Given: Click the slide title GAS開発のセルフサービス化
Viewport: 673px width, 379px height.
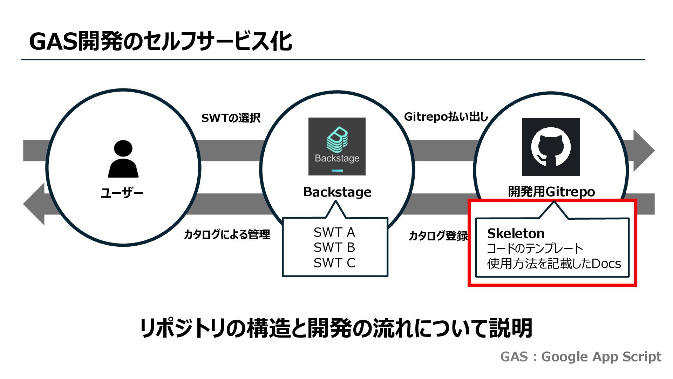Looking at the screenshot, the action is [x=161, y=41].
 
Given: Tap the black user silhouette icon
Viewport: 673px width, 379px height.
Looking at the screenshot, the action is [x=123, y=159].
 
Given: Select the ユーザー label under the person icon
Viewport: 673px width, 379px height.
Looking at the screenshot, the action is [x=122, y=193].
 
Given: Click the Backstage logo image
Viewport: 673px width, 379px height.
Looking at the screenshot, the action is [x=337, y=146].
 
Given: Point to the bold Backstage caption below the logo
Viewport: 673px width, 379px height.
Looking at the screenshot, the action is [x=337, y=192].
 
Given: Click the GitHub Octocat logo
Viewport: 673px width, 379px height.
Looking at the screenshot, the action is [x=551, y=147].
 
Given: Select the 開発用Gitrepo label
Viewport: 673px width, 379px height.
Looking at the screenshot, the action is [x=551, y=192].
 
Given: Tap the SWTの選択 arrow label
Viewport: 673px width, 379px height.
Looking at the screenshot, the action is [x=231, y=118].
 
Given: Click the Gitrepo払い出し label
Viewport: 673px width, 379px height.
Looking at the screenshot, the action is [x=446, y=117].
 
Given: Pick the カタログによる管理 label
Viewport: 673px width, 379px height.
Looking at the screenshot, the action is [x=227, y=234].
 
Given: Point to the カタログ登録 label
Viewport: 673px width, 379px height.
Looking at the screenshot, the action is [x=439, y=236].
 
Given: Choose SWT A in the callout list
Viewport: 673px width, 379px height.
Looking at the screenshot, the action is [x=334, y=232].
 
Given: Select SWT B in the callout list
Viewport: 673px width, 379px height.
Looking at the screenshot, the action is [x=334, y=247].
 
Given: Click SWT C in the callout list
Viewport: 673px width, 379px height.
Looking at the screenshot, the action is [x=334, y=262].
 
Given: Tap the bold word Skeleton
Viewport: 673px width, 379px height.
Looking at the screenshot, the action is [x=516, y=233].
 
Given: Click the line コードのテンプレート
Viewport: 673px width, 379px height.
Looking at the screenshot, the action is [x=535, y=248].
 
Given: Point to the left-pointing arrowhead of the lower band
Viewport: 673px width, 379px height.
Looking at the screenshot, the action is [x=34, y=204].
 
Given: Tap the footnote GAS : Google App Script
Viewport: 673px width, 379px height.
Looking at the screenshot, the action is [x=581, y=357].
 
